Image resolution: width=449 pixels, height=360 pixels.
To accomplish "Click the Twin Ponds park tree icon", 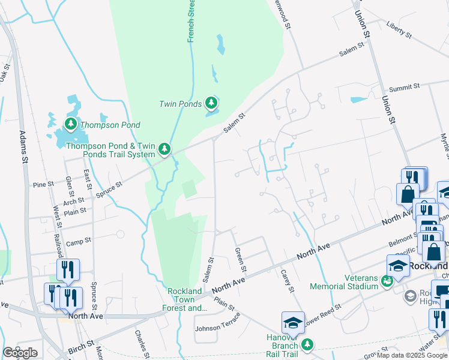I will tap(211, 104).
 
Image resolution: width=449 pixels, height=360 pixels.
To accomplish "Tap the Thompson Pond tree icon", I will tap(71, 125).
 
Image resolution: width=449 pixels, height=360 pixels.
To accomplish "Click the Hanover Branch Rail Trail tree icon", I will tap(307, 344).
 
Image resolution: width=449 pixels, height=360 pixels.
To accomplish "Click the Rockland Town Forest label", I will tap(184, 300).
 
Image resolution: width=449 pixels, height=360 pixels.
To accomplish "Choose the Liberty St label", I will tap(399, 31).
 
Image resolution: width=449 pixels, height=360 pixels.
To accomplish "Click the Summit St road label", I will tap(405, 88).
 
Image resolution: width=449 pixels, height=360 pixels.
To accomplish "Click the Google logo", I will tap(20, 353).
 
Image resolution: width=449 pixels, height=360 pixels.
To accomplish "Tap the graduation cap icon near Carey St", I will tap(293, 323).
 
